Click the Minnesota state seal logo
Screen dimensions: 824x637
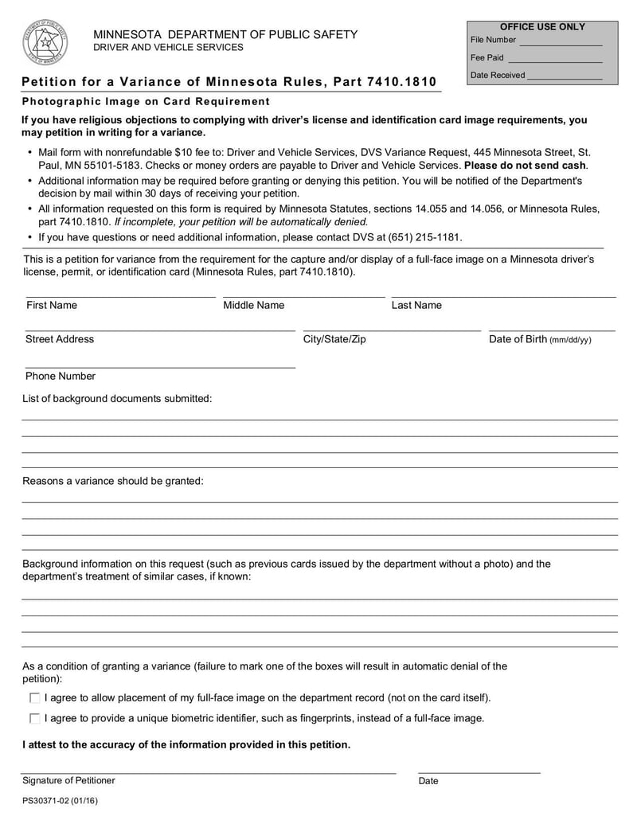click(45, 41)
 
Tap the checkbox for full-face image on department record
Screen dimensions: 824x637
click(34, 698)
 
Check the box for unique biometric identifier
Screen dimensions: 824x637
click(34, 718)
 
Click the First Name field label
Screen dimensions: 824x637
click(52, 305)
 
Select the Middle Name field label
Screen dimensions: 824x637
click(253, 305)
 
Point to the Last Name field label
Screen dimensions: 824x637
click(416, 305)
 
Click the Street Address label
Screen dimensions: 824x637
click(60, 339)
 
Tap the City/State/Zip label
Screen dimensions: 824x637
click(334, 339)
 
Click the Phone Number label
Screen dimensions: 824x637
click(61, 376)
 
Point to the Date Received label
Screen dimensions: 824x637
click(498, 75)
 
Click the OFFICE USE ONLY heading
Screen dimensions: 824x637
click(542, 27)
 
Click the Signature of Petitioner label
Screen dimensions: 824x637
click(68, 780)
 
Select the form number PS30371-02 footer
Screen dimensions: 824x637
click(61, 801)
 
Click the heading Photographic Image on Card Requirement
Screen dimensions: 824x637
click(146, 101)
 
